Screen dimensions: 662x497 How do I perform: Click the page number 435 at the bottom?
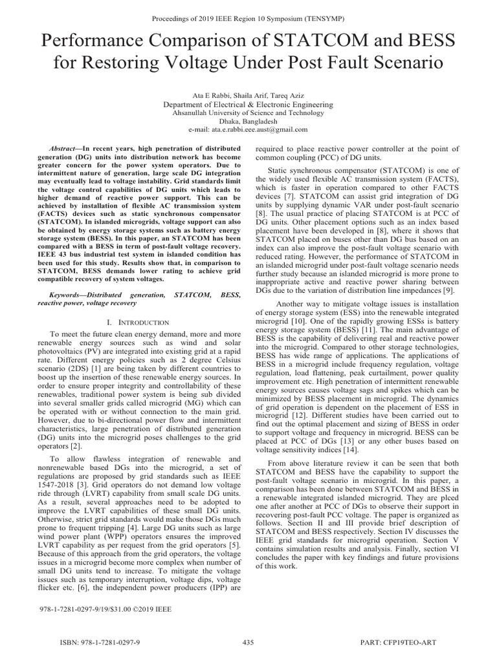click(x=248, y=642)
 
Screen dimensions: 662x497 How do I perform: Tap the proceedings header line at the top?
click(x=248, y=10)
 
